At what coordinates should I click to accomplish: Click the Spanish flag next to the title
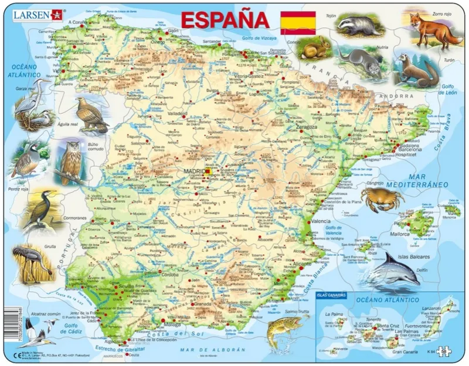pyautogui.click(x=298, y=22)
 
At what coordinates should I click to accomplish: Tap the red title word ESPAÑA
pyautogui.click(x=225, y=20)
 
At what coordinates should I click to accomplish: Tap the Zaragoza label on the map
pyautogui.click(x=305, y=126)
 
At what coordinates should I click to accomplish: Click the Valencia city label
pyautogui.click(x=321, y=221)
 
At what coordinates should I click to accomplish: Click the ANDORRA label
pyautogui.click(x=392, y=96)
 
